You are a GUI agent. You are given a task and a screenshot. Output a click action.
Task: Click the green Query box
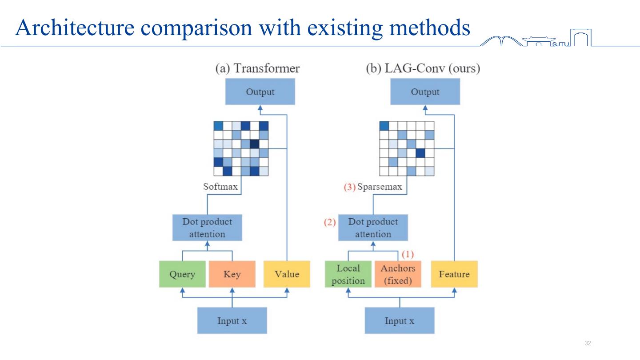pyautogui.click(x=182, y=274)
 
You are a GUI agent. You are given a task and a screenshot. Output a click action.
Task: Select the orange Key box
pyautogui.click(x=232, y=274)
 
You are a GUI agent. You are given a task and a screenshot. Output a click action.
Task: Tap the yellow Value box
pyautogui.click(x=287, y=274)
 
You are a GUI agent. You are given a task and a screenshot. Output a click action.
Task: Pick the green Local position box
pyautogui.click(x=348, y=274)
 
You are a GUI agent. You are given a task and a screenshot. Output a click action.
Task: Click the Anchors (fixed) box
pyautogui.click(x=398, y=274)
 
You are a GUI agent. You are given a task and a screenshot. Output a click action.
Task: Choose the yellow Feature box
pyautogui.click(x=454, y=274)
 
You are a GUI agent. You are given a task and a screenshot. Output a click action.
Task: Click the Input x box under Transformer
pyautogui.click(x=232, y=320)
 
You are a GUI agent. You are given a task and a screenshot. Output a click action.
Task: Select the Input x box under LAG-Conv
pyautogui.click(x=399, y=320)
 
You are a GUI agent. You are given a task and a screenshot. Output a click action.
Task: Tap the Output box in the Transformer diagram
pyautogui.click(x=260, y=92)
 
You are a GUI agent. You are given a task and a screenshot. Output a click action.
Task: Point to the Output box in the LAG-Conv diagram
pyautogui.click(x=425, y=92)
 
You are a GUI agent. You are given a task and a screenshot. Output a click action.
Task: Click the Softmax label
pyautogui.click(x=220, y=187)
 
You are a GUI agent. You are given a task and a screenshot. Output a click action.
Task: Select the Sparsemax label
pyautogui.click(x=380, y=187)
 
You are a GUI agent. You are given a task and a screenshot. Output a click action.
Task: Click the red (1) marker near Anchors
pyautogui.click(x=408, y=255)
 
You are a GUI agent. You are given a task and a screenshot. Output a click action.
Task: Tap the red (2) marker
pyautogui.click(x=329, y=222)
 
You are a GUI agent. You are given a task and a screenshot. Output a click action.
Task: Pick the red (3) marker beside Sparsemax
pyautogui.click(x=350, y=187)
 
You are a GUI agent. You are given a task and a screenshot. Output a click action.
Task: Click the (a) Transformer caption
pyautogui.click(x=257, y=68)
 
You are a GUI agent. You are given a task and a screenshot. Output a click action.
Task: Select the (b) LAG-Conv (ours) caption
pyautogui.click(x=423, y=68)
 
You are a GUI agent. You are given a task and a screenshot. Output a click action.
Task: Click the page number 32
pyautogui.click(x=588, y=343)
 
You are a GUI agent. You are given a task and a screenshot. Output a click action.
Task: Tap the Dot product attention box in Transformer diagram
pyautogui.click(x=207, y=228)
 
